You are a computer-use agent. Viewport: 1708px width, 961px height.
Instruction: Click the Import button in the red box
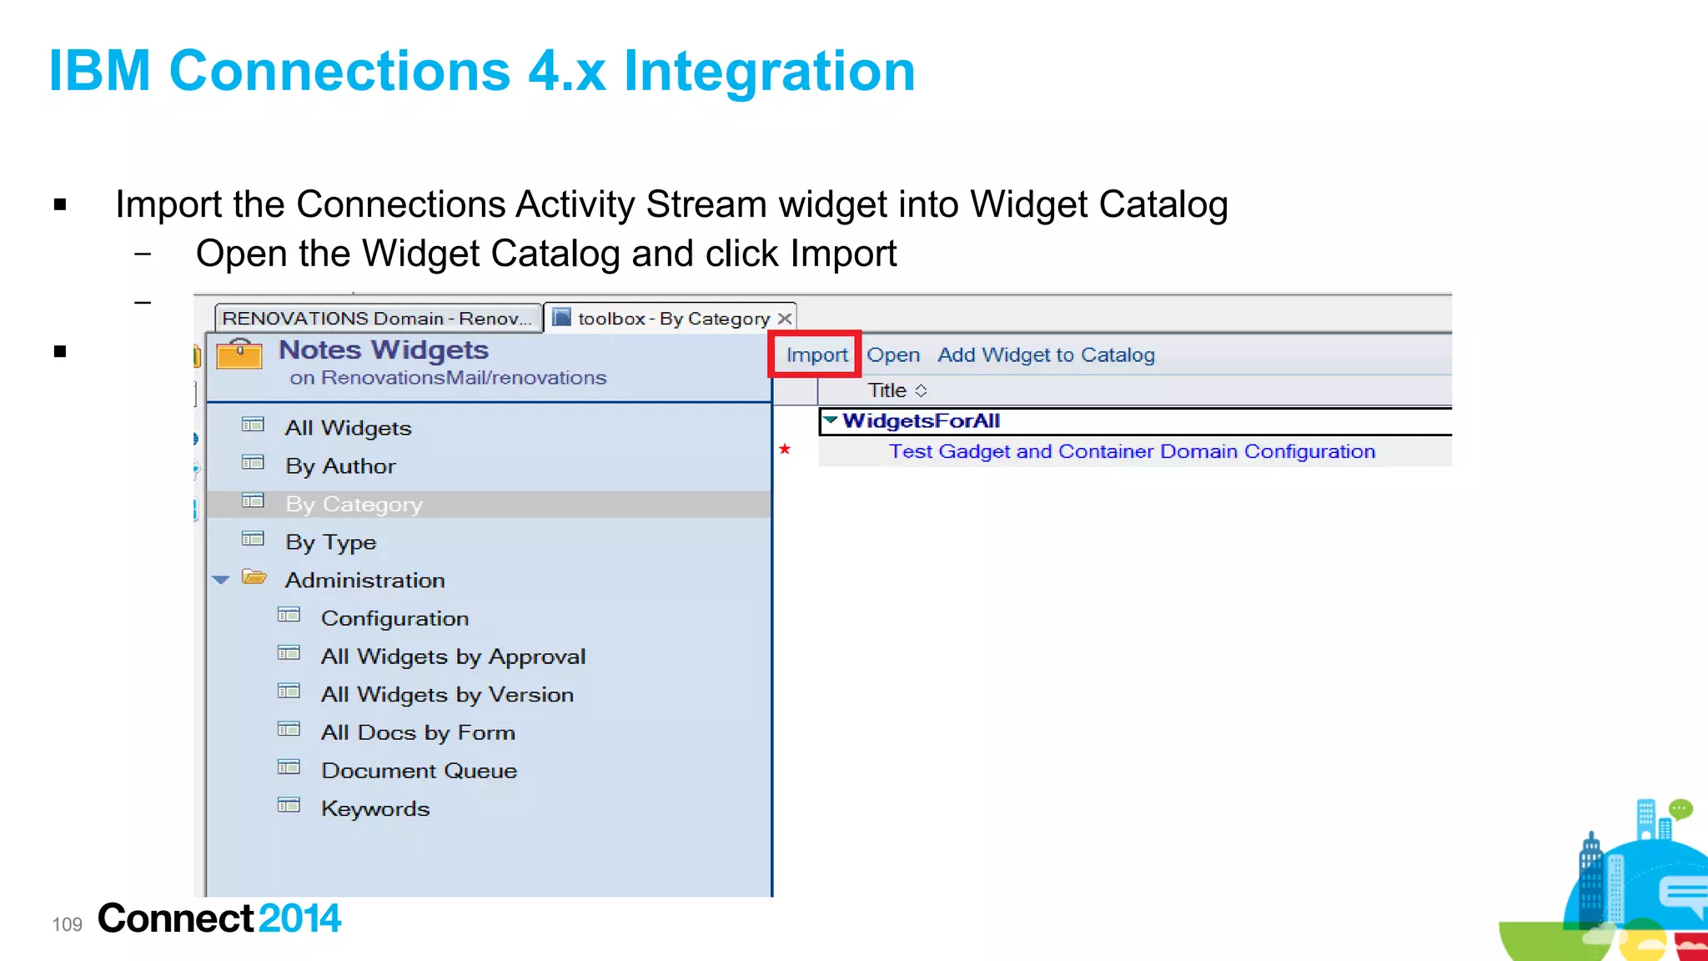[816, 355]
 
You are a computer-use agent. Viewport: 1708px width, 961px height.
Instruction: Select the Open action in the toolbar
[892, 355]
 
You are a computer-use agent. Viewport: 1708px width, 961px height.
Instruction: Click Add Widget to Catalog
[1046, 355]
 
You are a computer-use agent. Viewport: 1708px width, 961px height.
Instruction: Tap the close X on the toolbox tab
[785, 319]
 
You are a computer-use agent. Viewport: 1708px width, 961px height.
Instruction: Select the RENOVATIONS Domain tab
[377, 319]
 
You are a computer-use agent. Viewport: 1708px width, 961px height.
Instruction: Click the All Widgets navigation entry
[348, 428]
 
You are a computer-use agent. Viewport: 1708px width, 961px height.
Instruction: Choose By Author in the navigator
[340, 466]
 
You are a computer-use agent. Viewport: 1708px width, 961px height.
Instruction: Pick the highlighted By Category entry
[354, 505]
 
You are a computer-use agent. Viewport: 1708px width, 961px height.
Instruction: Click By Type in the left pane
[330, 542]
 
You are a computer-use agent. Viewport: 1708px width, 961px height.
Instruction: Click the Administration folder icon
[254, 578]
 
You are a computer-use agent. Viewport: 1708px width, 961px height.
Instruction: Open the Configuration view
[394, 619]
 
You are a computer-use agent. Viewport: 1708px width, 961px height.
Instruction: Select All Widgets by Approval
[453, 657]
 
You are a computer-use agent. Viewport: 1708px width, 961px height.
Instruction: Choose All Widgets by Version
[447, 695]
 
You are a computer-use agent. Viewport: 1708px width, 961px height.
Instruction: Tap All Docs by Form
[418, 733]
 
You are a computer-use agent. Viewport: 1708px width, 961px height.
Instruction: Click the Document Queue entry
[419, 771]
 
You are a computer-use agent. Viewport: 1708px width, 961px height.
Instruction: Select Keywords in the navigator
[375, 809]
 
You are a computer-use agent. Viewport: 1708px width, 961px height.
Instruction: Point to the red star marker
[785, 450]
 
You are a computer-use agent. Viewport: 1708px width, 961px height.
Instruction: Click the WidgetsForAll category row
[921, 421]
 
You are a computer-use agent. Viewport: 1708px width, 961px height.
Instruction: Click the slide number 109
[67, 924]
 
